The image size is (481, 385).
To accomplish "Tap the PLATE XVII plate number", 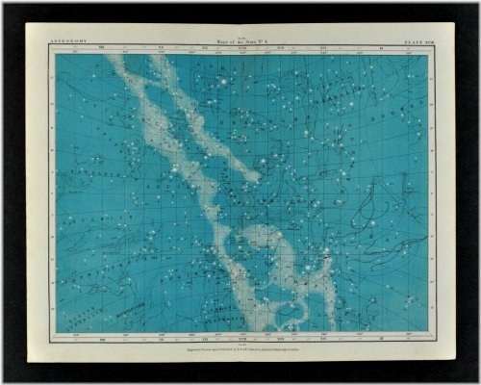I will [408, 43].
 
